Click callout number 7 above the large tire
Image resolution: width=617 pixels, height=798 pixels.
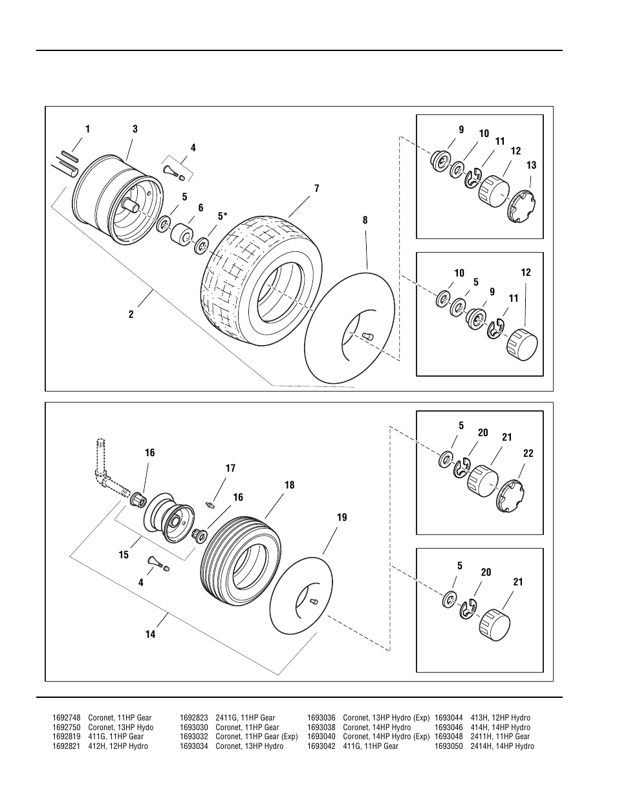point(317,189)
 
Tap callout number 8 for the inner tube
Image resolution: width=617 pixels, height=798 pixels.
point(365,220)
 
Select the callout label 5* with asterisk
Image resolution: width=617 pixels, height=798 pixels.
point(222,216)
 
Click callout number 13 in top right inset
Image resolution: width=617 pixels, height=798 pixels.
point(531,165)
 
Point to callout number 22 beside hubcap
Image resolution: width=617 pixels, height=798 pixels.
point(528,454)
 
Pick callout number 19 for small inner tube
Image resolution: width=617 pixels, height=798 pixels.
point(341,517)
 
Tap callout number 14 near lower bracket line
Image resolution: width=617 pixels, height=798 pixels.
point(150,635)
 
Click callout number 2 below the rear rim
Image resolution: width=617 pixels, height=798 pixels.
point(131,315)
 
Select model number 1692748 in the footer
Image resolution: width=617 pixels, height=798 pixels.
point(66,718)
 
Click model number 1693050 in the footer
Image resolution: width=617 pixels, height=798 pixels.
point(449,746)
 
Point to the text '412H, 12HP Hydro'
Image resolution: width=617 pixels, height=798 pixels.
point(118,746)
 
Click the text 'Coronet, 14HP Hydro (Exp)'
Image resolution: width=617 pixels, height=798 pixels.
point(386,737)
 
